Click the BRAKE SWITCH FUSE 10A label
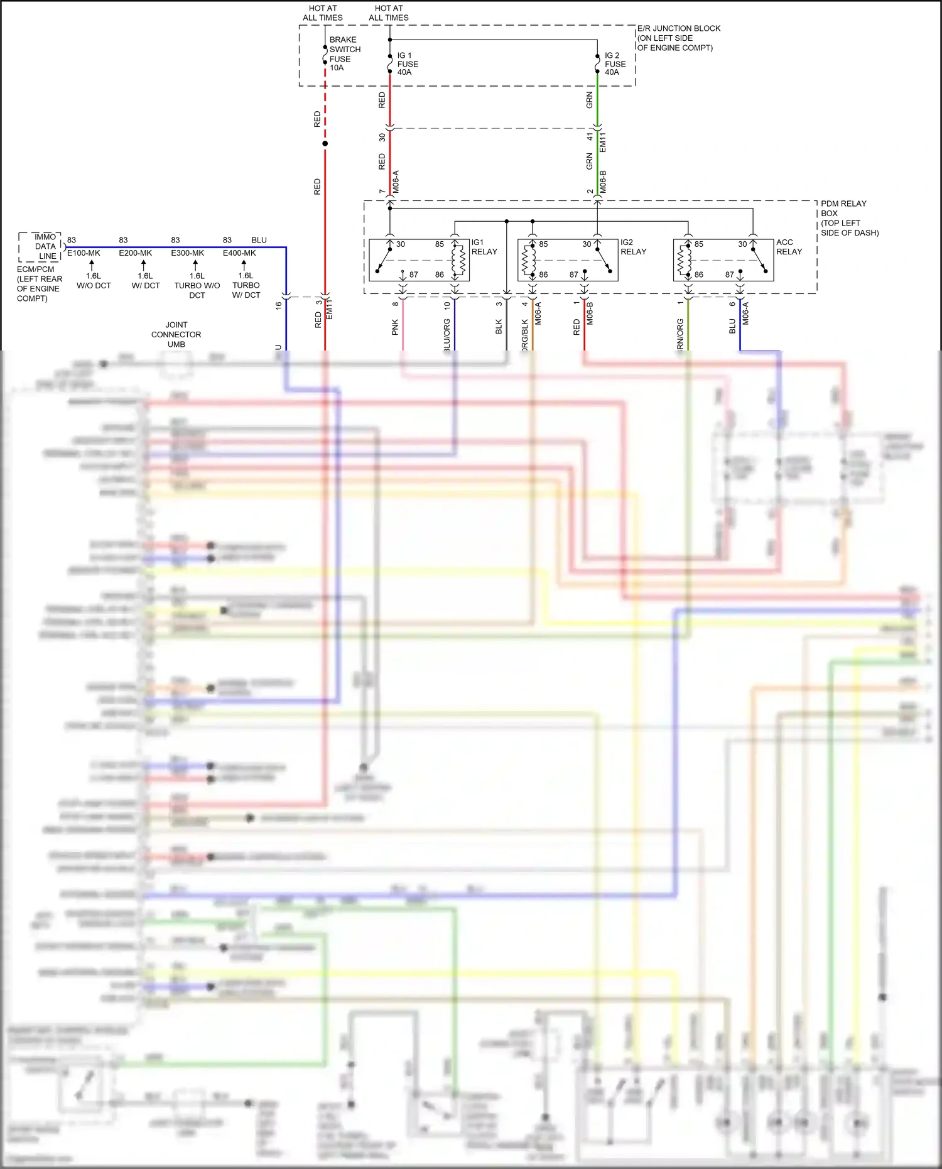(345, 53)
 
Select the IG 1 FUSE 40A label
(407, 64)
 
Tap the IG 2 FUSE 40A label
(615, 64)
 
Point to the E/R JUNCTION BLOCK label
(678, 38)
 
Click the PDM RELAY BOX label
(849, 218)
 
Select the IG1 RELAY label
(484, 247)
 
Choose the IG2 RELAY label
(633, 247)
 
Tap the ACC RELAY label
(789, 247)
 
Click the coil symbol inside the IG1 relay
(459, 259)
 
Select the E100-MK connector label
(84, 253)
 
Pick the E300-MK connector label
(187, 253)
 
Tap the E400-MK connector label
(239, 253)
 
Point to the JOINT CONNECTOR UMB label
(176, 334)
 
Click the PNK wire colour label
(395, 327)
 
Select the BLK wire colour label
(499, 327)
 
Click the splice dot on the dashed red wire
(325, 144)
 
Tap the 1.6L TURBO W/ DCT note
(246, 285)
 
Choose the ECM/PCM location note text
(39, 284)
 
